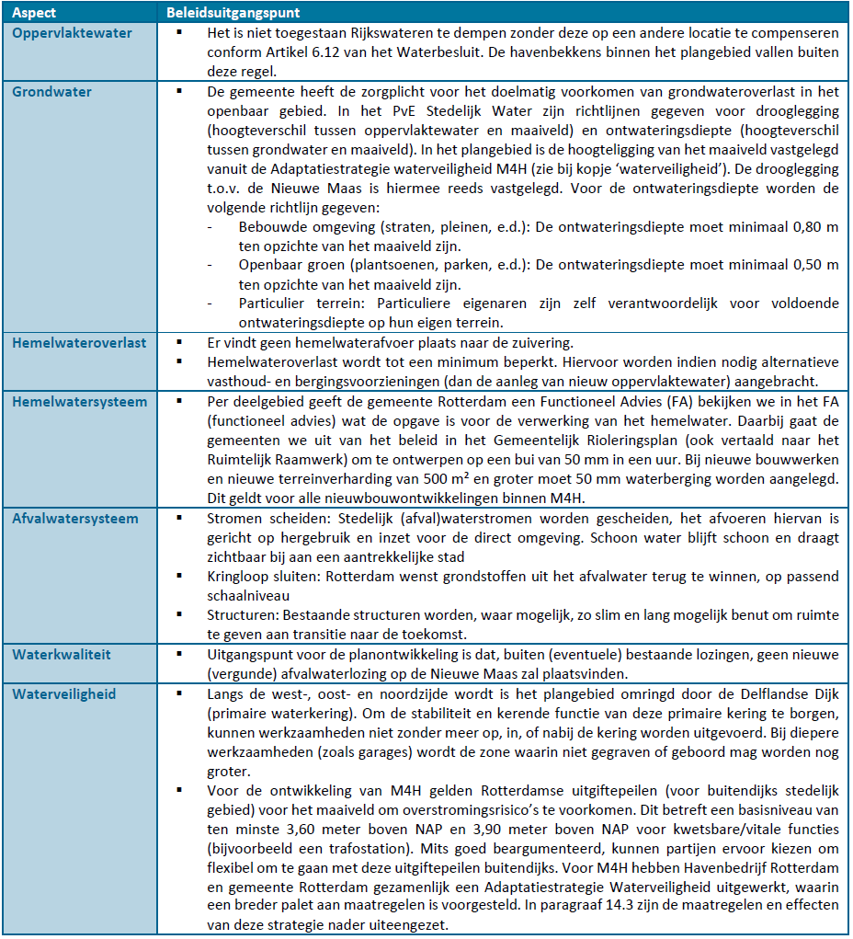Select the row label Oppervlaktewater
click(x=72, y=33)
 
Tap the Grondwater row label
click(x=51, y=92)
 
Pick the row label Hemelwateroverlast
click(x=79, y=343)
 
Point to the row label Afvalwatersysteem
click(x=75, y=519)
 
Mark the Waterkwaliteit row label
click(x=61, y=655)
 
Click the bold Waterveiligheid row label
click(x=64, y=694)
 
